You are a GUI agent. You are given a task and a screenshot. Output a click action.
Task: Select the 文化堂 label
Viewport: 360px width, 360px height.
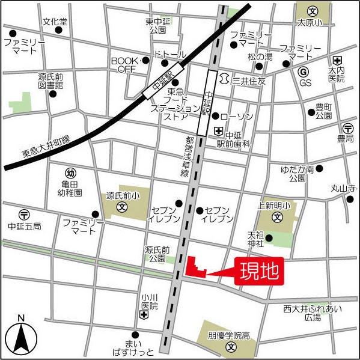55,22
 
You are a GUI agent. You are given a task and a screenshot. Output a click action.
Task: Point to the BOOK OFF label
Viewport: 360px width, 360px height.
124,65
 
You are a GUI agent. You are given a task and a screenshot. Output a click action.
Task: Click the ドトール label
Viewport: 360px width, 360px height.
170,55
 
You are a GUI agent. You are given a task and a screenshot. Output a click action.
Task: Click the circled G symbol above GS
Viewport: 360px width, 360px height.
305,72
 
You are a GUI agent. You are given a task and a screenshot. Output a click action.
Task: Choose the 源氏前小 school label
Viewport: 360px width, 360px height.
123,195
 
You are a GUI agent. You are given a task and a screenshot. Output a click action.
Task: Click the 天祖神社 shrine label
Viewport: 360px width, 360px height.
255,239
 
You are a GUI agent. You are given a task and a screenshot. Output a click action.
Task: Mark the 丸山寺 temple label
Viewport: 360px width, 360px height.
343,189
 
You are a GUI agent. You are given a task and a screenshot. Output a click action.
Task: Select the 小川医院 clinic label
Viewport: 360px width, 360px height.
149,301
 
